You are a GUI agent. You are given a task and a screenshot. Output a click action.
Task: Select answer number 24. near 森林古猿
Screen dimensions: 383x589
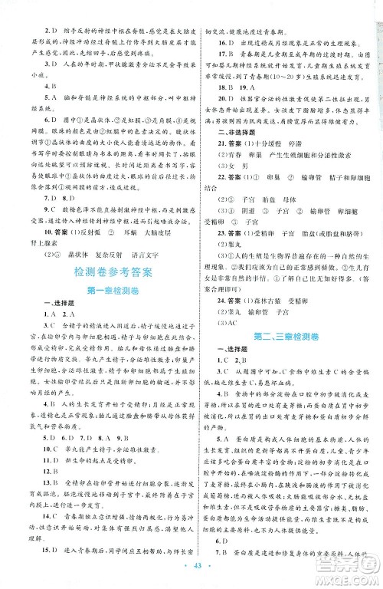(223, 301)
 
